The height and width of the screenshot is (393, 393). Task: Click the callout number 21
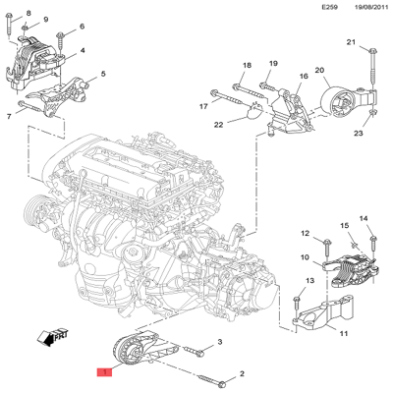(x=351, y=43)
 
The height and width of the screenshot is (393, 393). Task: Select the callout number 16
(x=304, y=76)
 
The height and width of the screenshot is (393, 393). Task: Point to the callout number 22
(x=219, y=124)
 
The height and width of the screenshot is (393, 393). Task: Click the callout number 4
(x=82, y=51)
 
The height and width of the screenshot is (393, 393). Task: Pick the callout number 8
(x=28, y=12)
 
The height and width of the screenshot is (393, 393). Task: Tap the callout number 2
(x=242, y=375)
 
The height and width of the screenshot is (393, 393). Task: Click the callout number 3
(x=220, y=342)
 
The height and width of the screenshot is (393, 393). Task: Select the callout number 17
(x=203, y=105)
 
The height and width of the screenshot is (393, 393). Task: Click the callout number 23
(x=359, y=133)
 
